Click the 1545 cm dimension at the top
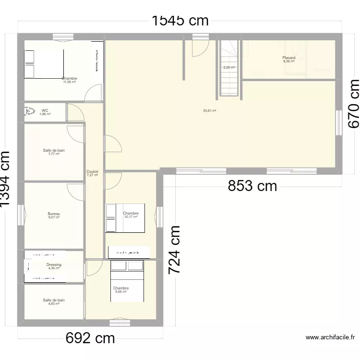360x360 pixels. pos(180,20)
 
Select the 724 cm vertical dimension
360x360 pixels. pos(174,250)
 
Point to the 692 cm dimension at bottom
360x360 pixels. pos(90,338)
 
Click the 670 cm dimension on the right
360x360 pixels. pos(353,103)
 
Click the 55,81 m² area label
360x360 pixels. pos(210,110)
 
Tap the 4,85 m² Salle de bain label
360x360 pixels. pos(54,301)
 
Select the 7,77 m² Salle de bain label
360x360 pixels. pos(54,152)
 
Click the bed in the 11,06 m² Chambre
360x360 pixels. pos(44,64)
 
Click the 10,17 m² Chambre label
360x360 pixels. pos(131,215)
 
